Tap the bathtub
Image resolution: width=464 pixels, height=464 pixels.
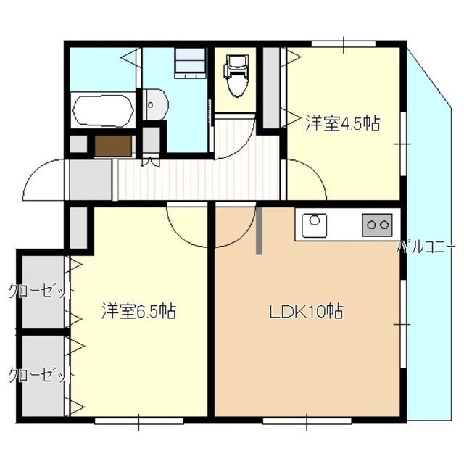tap(103, 111)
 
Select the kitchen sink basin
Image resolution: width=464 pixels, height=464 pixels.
tap(314, 224)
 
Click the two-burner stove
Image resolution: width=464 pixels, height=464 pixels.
tap(377, 225)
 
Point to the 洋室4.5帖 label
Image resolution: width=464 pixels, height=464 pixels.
tap(343, 123)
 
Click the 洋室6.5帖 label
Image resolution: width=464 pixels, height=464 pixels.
tap(138, 311)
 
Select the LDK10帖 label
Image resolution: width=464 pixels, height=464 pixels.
tap(306, 311)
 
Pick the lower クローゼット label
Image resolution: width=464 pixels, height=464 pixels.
tap(41, 376)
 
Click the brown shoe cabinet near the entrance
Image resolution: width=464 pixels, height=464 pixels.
tap(113, 146)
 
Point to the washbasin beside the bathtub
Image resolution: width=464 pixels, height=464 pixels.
tap(155, 104)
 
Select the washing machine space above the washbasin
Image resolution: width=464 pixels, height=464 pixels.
tap(190, 63)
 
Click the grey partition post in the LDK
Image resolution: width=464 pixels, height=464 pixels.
tap(259, 231)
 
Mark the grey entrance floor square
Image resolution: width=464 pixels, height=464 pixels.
tap(90, 180)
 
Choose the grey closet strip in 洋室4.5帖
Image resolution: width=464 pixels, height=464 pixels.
tap(271, 88)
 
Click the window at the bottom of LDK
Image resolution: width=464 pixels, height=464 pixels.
tap(307, 420)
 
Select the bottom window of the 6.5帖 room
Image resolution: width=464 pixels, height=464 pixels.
tap(138, 420)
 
